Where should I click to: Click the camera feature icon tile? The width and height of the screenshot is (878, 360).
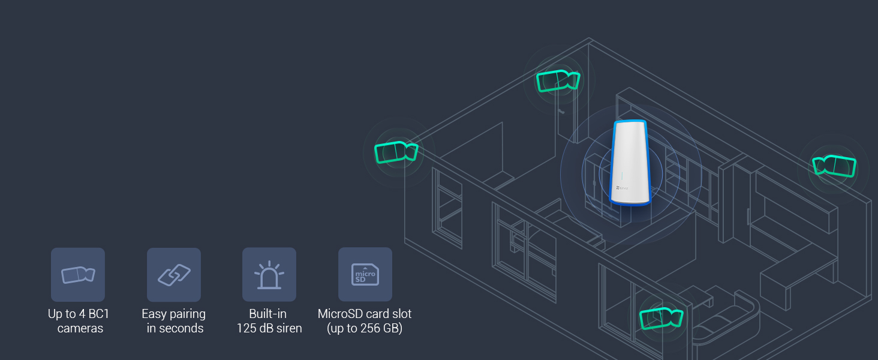coord(78,275)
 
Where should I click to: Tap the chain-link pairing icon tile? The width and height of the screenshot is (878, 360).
coord(174,275)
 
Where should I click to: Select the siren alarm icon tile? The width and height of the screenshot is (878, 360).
coord(269,275)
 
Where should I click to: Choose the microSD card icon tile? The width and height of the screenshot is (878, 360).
coord(365,275)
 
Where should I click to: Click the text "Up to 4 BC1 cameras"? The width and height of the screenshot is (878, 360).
coord(79,321)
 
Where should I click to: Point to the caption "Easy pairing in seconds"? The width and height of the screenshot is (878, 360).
coord(174,321)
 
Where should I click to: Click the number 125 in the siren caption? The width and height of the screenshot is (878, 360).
coord(247,328)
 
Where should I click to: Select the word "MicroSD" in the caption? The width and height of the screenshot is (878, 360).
coord(340,314)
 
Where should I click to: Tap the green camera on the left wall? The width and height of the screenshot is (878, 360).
coord(396,152)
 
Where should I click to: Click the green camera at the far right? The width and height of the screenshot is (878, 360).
coord(834,165)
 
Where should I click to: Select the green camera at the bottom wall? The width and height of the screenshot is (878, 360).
coord(661,318)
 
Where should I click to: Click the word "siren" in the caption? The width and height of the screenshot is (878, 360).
coord(288,328)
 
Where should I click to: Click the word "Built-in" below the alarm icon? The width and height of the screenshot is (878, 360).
coord(268,314)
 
